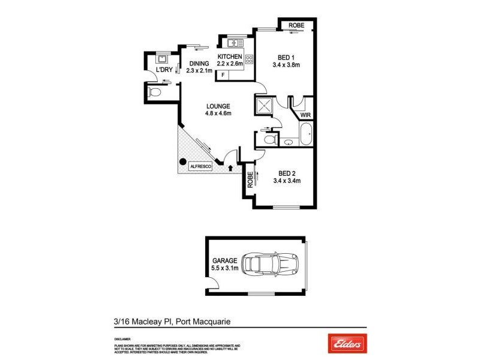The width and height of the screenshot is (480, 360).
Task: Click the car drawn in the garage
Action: (x=271, y=263)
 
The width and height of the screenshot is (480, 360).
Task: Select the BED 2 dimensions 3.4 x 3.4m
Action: (x=286, y=180)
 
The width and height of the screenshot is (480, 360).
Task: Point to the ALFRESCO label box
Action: (x=200, y=166)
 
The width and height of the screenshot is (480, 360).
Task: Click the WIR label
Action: (x=305, y=114)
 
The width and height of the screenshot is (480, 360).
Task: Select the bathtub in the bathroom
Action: (x=306, y=134)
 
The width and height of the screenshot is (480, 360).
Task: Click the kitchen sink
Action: (x=233, y=43)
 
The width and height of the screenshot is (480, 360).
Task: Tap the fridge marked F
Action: (x=223, y=74)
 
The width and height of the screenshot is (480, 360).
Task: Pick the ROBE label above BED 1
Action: (x=296, y=25)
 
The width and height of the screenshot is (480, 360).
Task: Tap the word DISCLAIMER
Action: (x=123, y=339)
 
